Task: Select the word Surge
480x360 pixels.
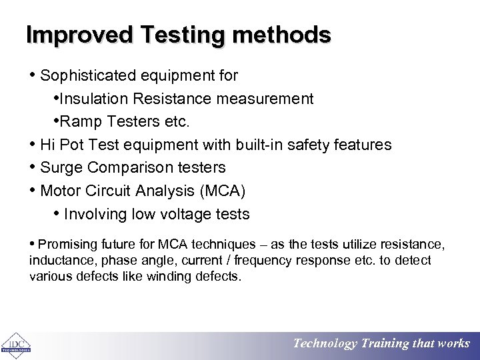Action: tap(61, 167)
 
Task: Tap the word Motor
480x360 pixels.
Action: tap(61, 191)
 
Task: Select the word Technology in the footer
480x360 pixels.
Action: tap(325, 344)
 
